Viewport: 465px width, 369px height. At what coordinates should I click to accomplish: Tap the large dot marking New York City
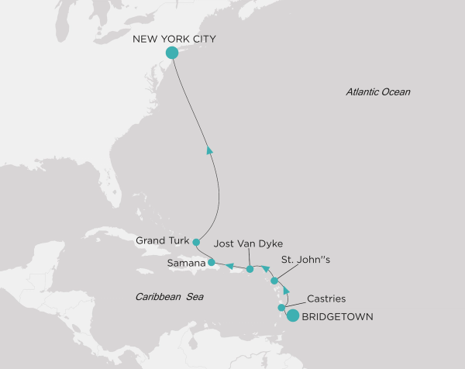click(172, 53)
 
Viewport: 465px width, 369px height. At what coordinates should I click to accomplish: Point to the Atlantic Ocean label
click(378, 92)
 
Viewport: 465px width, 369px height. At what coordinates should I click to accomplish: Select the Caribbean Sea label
click(167, 297)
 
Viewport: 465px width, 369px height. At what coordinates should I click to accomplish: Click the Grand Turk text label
click(162, 241)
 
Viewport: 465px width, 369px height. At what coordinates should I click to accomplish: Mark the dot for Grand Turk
click(196, 242)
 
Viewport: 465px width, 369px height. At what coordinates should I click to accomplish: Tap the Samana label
click(185, 264)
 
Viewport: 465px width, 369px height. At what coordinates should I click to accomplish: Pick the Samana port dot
click(211, 262)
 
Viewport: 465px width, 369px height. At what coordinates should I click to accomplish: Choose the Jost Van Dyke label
click(244, 243)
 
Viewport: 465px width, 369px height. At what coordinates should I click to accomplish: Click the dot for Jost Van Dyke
click(250, 269)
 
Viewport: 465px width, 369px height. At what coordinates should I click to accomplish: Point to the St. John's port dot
click(274, 281)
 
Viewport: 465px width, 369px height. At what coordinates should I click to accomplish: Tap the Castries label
click(326, 298)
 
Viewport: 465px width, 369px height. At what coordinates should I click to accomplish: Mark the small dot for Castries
click(281, 308)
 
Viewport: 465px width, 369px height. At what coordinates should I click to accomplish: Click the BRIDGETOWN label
click(337, 316)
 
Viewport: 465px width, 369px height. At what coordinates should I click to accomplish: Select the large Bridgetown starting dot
click(292, 315)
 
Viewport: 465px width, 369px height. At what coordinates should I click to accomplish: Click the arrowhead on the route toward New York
click(209, 150)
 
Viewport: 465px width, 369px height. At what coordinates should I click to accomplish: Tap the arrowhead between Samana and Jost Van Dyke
click(230, 267)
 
